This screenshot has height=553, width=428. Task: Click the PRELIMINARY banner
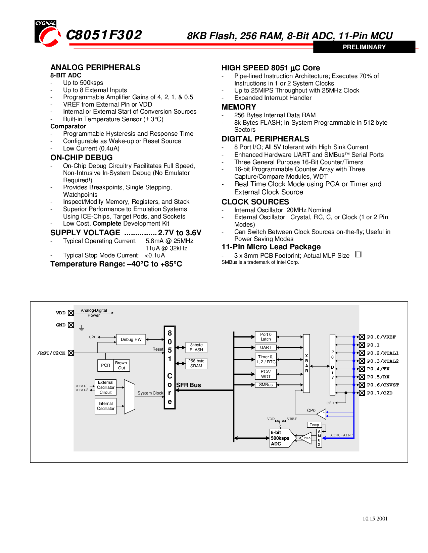pyautogui.click(x=364, y=47)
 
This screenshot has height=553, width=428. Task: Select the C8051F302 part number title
pyautogui.click(x=104, y=35)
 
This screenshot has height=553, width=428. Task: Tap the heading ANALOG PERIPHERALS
pyautogui.click(x=95, y=67)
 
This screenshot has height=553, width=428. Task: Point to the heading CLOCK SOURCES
pyautogui.click(x=255, y=202)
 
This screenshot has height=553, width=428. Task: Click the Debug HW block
pyautogui.click(x=131, y=340)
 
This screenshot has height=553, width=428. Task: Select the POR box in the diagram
pyautogui.click(x=105, y=365)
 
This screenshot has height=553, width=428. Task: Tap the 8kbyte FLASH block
pyautogui.click(x=196, y=347)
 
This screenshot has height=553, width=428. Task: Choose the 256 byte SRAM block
pyautogui.click(x=196, y=363)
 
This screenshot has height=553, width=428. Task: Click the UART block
pyautogui.click(x=266, y=348)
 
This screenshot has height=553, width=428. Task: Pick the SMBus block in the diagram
pyautogui.click(x=266, y=385)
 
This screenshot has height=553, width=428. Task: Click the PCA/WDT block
pyautogui.click(x=266, y=374)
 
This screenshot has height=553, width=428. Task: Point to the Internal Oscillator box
pyautogui.click(x=106, y=406)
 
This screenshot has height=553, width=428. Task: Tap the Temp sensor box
pyautogui.click(x=314, y=425)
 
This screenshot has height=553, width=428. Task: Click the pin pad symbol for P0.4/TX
pyautogui.click(x=362, y=369)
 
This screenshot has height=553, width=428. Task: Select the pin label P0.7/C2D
pyautogui.click(x=379, y=393)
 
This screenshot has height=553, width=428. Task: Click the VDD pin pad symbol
pyautogui.click(x=71, y=313)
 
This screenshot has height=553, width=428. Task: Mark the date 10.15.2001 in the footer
pyautogui.click(x=375, y=519)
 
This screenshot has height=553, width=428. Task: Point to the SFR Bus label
pyautogui.click(x=188, y=385)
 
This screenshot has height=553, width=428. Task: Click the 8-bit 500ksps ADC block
pyautogui.click(x=280, y=438)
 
